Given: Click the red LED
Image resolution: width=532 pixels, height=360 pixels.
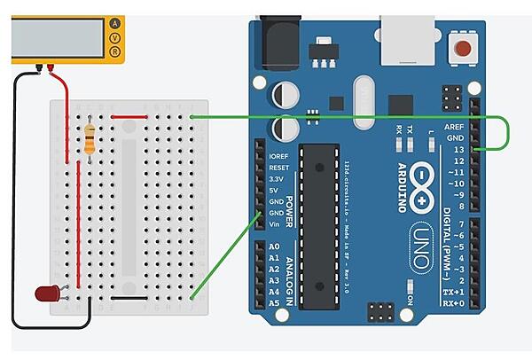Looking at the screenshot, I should click(x=46, y=293).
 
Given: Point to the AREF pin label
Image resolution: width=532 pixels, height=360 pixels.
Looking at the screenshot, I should click(x=454, y=127).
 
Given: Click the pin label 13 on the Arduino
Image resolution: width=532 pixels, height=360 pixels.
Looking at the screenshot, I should click(x=458, y=150).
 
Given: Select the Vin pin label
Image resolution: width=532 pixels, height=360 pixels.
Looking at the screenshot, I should click(x=274, y=225).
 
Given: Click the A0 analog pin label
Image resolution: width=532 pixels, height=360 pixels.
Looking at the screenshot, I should click(x=273, y=246).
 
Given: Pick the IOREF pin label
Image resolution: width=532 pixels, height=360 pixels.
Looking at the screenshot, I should click(x=278, y=155).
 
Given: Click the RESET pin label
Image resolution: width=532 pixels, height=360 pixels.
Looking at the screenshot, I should click(x=278, y=167).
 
